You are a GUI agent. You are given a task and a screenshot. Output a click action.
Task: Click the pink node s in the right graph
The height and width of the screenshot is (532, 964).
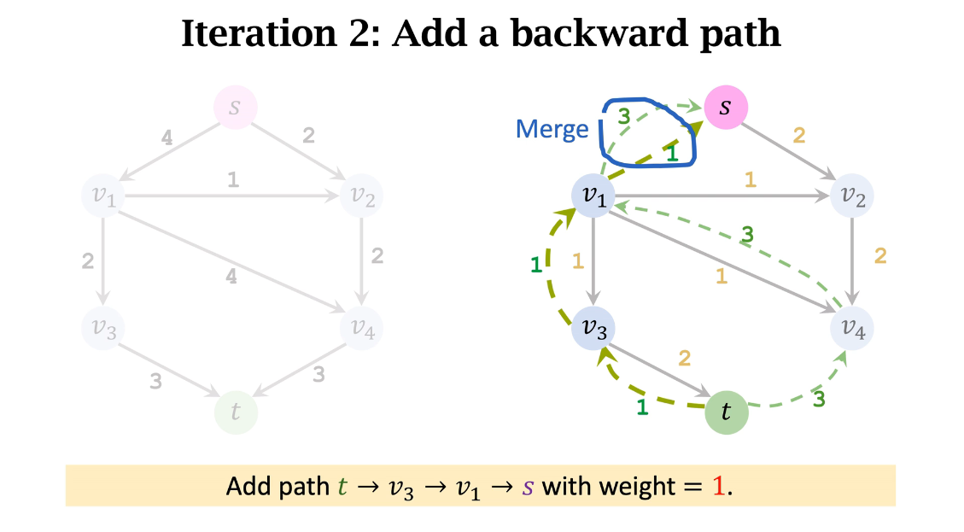coord(726,108)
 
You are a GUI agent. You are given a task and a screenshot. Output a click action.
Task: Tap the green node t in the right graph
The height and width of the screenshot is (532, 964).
coord(727,412)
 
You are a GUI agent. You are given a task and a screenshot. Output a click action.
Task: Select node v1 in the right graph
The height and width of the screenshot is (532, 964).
coord(593,196)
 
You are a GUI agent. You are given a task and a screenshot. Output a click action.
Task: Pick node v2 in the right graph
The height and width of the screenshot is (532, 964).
coord(852,196)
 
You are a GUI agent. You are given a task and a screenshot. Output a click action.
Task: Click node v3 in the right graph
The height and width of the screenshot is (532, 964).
coord(593,326)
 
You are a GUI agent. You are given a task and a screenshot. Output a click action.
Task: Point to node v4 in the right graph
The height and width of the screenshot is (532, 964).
coord(852,326)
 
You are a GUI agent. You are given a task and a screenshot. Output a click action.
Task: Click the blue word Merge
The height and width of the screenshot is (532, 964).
coord(552,129)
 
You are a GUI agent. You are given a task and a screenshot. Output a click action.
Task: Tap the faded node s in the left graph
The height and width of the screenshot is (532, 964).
coord(235,108)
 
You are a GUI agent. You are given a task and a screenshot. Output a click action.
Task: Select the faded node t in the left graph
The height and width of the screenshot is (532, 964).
coord(236,412)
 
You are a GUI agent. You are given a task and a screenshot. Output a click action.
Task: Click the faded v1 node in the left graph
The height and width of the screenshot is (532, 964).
coord(102,196)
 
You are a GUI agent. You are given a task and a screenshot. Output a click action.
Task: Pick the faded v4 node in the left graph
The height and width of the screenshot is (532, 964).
coord(361,326)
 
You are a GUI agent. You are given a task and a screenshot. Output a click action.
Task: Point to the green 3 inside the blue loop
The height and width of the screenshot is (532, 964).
coord(623,118)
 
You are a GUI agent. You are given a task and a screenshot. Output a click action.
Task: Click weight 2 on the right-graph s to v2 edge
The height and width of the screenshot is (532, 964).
coord(799,135)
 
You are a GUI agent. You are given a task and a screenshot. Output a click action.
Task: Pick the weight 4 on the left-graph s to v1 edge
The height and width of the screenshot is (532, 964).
coord(167,137)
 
